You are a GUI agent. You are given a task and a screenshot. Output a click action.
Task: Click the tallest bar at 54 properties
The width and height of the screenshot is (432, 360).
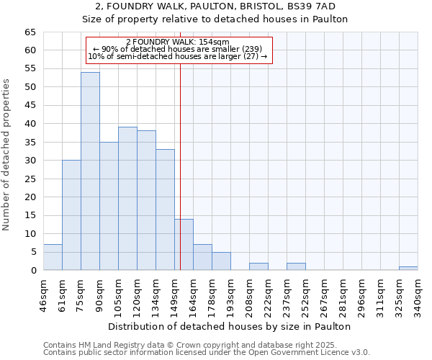(90, 171)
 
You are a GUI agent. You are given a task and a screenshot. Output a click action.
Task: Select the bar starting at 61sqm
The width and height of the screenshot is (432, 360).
(71, 215)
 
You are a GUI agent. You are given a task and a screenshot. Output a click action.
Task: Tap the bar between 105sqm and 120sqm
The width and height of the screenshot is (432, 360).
(127, 199)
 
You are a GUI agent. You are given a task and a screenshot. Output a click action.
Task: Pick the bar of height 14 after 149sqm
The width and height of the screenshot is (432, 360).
(184, 245)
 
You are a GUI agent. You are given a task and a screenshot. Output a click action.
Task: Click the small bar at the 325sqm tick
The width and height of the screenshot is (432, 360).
(408, 268)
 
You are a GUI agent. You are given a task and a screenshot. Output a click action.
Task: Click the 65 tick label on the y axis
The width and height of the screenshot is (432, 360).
(30, 32)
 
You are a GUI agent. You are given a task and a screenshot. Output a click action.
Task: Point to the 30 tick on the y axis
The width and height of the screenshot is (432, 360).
(30, 161)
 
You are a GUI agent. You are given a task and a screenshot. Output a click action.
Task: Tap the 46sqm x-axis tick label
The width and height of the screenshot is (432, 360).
(43, 294)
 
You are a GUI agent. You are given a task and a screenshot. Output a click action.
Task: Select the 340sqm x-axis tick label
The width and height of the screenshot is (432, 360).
(418, 294)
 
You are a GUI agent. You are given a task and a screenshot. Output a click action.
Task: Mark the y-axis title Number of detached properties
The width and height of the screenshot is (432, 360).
(7, 155)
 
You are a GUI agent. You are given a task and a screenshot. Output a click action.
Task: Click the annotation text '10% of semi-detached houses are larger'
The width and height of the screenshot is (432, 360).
(177, 56)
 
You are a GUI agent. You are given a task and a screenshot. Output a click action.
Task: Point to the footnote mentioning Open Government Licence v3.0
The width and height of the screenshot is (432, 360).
(207, 352)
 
